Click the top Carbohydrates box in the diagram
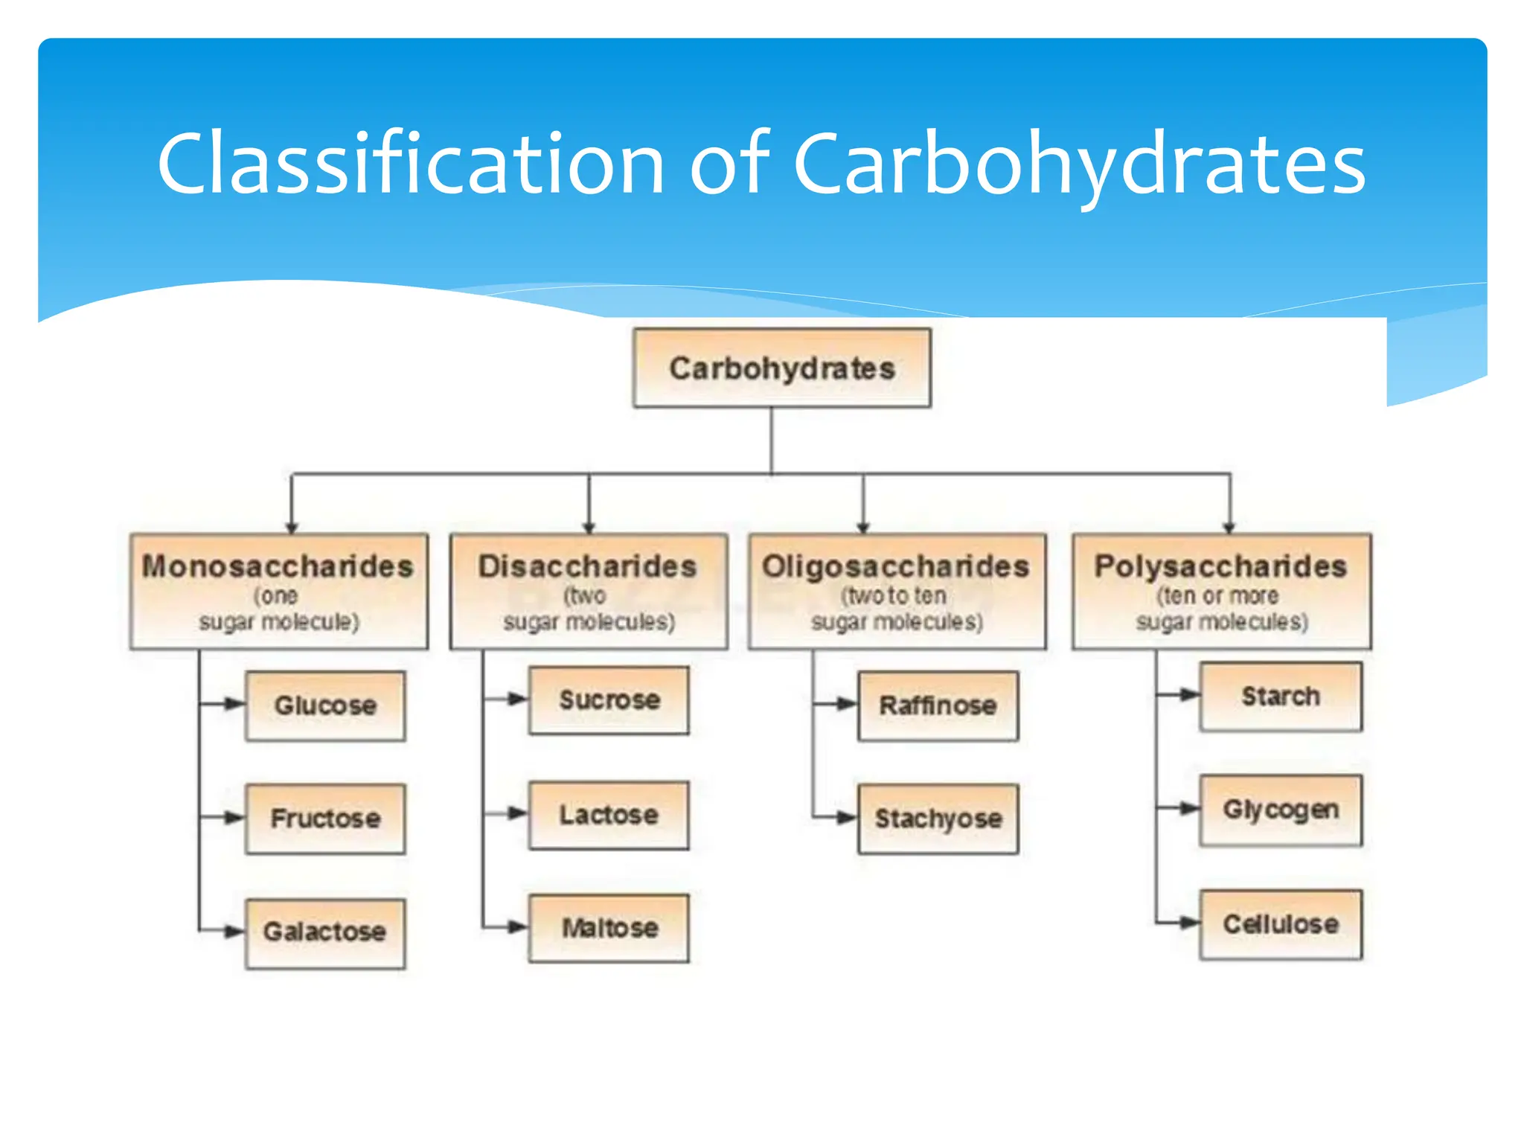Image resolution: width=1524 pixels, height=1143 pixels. (x=781, y=368)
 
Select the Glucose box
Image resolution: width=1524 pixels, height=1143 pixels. (x=325, y=705)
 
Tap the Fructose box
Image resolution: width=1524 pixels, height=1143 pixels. (x=325, y=819)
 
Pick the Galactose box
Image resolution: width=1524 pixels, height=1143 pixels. (x=325, y=932)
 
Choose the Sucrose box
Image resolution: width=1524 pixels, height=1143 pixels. (x=609, y=700)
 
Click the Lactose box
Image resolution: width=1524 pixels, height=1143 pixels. (x=609, y=815)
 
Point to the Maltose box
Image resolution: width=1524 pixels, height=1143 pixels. (x=609, y=928)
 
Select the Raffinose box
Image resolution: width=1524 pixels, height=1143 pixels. (x=938, y=705)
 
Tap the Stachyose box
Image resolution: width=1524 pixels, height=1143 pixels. (x=938, y=819)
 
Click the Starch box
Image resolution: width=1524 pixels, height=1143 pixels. (x=1281, y=697)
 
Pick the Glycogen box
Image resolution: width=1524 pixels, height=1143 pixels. (x=1281, y=810)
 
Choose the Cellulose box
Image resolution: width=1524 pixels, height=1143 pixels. (x=1281, y=924)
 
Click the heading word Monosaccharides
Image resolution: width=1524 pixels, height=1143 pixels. (x=278, y=566)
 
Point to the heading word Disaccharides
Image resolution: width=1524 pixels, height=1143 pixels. (x=587, y=566)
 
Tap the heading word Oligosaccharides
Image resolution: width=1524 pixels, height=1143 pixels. (x=896, y=566)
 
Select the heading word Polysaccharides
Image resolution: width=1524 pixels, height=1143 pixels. (x=1220, y=566)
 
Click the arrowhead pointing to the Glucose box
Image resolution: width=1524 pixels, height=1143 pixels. (x=234, y=704)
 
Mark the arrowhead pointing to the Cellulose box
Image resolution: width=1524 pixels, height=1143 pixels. (x=1188, y=923)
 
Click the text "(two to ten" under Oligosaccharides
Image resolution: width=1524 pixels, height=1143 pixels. (x=894, y=596)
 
